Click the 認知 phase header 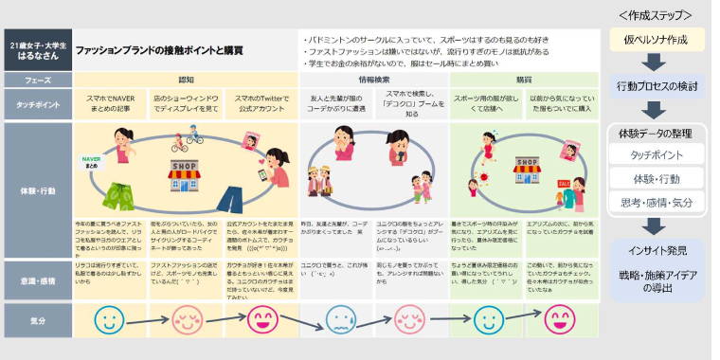point(186,80)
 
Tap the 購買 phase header point(523,80)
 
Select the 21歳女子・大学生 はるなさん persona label point(36,49)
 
